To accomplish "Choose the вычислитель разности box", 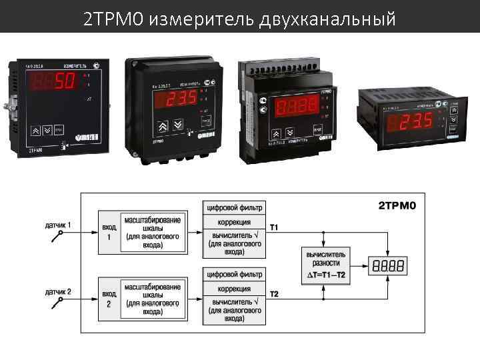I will pos(327,265).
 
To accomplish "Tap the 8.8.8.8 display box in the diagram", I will pos(387,266).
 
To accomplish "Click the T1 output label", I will pos(274,228).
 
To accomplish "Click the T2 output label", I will pos(274,293).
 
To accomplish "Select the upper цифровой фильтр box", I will pos(235,206).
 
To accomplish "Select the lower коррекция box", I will pos(235,288).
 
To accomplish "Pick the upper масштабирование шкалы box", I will pos(152,233).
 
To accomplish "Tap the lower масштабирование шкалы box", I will pos(152,299).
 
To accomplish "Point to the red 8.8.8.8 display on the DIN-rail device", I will pos(298,106).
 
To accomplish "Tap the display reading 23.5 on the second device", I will pos(172,98).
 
